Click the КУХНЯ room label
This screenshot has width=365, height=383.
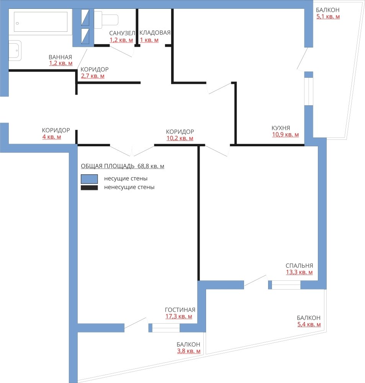[x=281, y=128]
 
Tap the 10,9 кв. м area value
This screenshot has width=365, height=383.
[x=285, y=134]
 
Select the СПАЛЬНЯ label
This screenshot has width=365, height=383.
[x=299, y=265]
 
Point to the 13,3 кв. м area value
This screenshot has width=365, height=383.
[x=299, y=272]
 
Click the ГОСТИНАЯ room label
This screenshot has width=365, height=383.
[x=180, y=310]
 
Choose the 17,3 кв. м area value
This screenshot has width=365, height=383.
[x=179, y=316]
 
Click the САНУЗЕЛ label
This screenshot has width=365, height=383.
[x=122, y=33]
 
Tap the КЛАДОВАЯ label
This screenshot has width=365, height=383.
[x=155, y=33]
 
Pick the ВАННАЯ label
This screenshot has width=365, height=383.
[x=61, y=57]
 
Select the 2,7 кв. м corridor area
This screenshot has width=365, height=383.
[x=93, y=76]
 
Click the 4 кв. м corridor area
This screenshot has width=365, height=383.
[x=52, y=137]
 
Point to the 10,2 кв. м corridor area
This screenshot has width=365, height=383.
[x=180, y=138]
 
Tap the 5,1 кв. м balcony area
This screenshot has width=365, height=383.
[x=328, y=16]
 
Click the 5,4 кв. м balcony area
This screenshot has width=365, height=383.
[x=309, y=324]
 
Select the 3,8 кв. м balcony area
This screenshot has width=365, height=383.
[x=188, y=351]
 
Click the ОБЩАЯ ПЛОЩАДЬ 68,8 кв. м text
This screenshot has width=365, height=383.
[x=123, y=166]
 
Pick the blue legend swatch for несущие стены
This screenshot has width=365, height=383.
[x=89, y=179]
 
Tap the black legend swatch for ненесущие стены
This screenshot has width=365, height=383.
[x=89, y=188]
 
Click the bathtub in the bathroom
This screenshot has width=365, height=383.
[x=41, y=22]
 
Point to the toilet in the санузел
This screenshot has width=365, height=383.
[x=106, y=20]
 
